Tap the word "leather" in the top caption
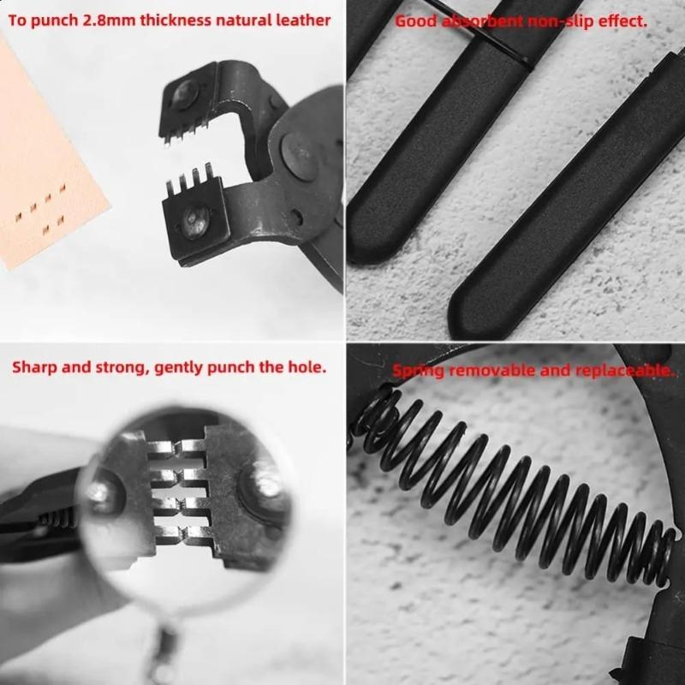303,19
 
